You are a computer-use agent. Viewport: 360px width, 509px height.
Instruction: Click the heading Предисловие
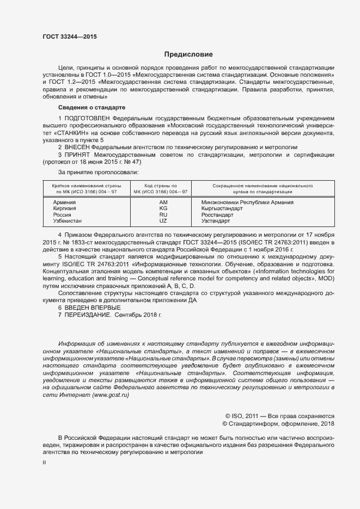point(188,54)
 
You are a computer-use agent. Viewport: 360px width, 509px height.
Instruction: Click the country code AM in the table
point(163,202)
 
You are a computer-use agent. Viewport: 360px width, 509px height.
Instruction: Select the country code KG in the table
point(163,208)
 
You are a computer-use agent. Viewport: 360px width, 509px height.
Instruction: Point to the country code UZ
point(163,221)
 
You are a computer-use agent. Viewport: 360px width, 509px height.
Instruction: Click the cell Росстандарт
point(217,215)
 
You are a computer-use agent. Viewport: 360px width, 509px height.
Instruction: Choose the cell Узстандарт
point(215,221)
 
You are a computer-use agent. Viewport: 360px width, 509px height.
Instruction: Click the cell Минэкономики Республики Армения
point(243,202)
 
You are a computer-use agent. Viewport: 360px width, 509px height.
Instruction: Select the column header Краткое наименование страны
point(84,186)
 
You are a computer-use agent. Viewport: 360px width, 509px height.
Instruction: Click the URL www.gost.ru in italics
point(111,395)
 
